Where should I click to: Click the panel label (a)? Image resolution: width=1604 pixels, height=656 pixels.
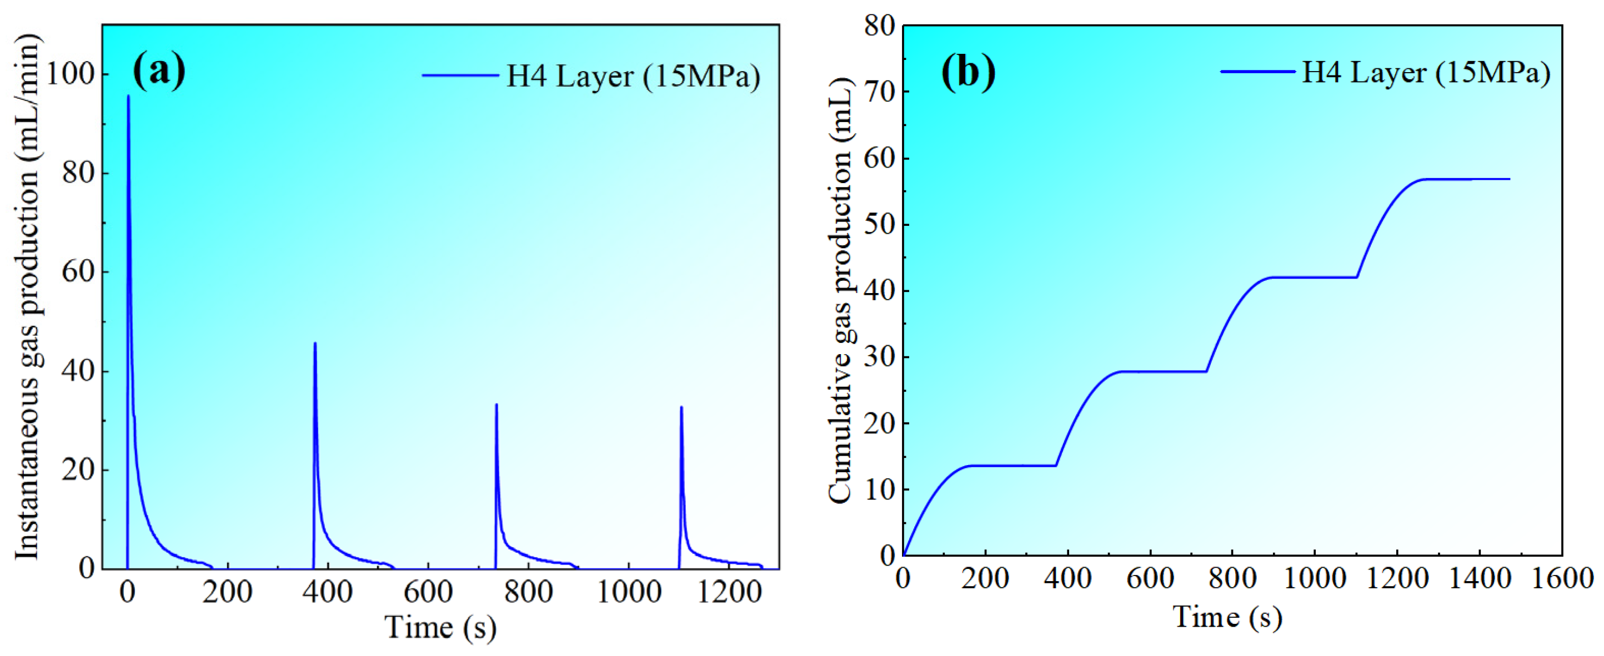(159, 71)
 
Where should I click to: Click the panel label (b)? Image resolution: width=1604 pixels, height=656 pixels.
(968, 72)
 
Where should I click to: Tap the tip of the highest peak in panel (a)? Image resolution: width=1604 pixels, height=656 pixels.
(128, 96)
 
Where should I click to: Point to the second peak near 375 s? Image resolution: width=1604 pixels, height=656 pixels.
(315, 343)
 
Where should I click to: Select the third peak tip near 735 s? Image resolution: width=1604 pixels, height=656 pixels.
(497, 405)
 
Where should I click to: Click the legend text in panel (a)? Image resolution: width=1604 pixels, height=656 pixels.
(633, 77)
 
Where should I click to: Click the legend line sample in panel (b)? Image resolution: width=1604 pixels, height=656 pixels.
(1258, 72)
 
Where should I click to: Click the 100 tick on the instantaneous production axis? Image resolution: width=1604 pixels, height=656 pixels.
(70, 75)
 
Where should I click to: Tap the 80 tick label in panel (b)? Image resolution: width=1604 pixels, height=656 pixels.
(879, 26)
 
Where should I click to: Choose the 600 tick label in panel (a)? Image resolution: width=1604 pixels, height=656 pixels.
(428, 591)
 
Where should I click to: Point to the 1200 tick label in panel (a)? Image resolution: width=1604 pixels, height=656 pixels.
(729, 591)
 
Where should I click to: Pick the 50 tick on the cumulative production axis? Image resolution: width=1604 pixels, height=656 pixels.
(879, 225)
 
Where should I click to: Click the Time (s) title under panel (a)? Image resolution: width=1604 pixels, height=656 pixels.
(440, 627)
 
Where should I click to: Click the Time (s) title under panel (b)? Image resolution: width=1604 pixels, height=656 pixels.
(1227, 617)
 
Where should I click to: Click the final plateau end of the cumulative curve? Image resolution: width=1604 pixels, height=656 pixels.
(1508, 179)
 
